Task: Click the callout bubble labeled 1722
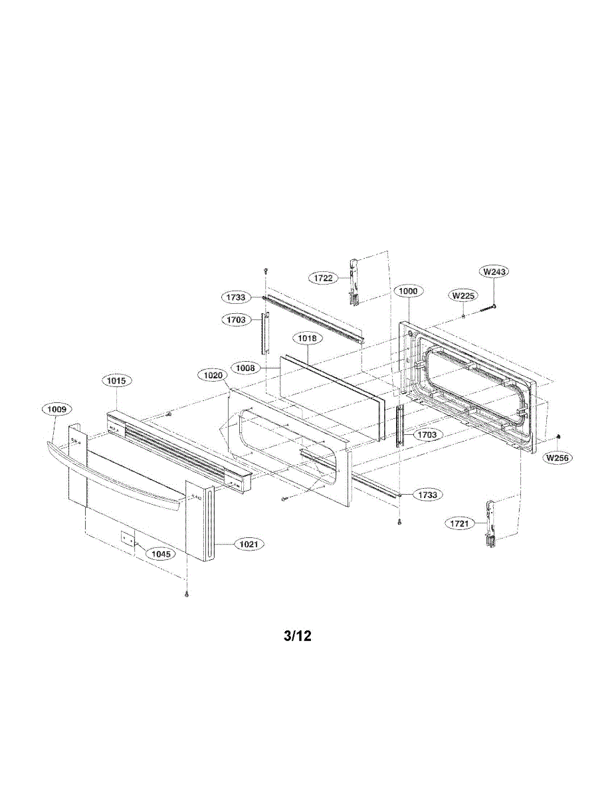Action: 324,278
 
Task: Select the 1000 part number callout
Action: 407,291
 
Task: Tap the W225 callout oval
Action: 463,295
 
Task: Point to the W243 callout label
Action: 494,272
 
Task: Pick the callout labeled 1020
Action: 213,375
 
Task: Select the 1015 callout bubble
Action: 116,380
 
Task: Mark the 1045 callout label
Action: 159,553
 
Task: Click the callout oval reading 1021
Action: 249,545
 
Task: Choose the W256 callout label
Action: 558,458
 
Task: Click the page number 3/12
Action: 297,636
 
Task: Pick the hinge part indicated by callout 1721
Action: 492,525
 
